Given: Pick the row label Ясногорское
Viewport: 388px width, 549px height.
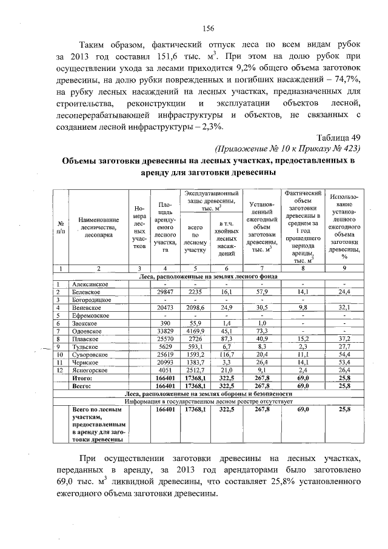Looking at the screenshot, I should [x=92, y=370].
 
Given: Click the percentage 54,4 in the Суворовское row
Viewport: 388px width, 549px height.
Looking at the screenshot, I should [x=344, y=354].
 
